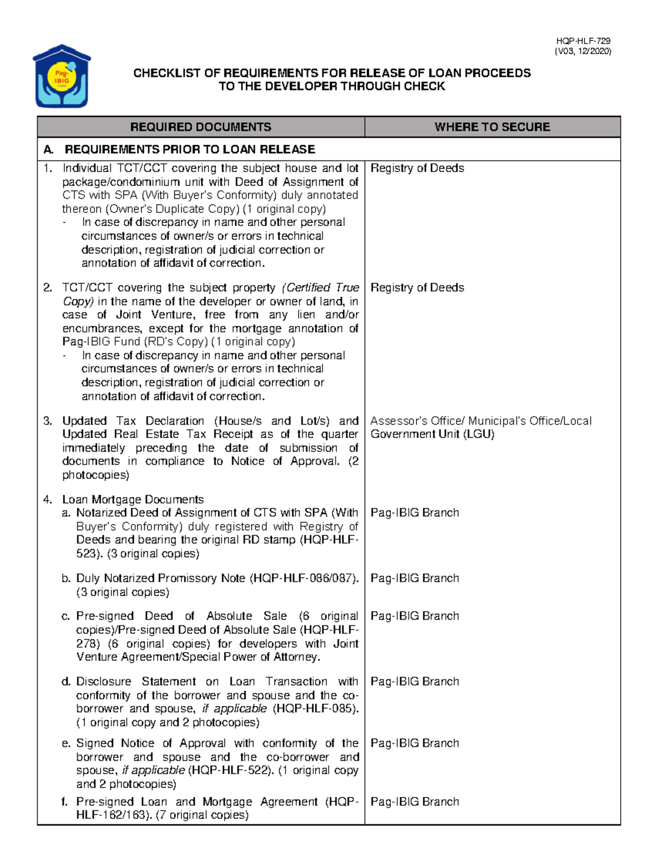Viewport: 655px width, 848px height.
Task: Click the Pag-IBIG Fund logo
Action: [x=62, y=76]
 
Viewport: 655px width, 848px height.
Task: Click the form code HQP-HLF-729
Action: [x=583, y=41]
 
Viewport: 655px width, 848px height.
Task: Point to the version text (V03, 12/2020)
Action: [x=582, y=51]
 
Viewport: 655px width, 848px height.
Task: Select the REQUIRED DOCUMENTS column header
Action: [x=200, y=127]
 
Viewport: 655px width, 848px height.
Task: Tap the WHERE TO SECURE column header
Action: [x=492, y=127]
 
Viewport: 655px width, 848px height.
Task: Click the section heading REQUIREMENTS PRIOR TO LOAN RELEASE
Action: [x=189, y=149]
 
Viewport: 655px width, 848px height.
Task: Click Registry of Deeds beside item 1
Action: [x=417, y=168]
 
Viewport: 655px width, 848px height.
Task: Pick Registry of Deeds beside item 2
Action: [x=417, y=288]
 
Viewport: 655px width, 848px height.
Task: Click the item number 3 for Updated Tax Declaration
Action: [x=48, y=421]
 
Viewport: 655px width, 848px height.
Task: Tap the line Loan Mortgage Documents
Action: [x=133, y=500]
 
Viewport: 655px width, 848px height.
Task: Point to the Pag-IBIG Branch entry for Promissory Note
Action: [x=414, y=578]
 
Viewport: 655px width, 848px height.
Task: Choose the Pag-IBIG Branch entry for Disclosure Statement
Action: [x=414, y=681]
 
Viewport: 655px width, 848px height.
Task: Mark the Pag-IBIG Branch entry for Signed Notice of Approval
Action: [x=414, y=743]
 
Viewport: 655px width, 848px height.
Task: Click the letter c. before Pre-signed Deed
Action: [x=66, y=616]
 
